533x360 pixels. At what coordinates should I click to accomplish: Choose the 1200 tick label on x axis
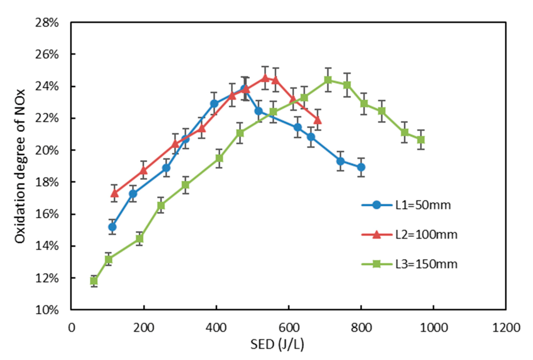[x=506, y=328]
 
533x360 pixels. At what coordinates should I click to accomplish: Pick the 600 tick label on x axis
[x=289, y=328]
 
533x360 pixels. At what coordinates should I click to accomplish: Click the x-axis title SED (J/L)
[x=277, y=345]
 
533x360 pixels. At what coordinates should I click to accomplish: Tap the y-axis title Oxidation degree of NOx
[x=20, y=166]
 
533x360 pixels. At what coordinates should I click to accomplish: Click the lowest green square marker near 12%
[x=94, y=281]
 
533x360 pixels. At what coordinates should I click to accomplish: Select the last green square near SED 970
[x=421, y=140]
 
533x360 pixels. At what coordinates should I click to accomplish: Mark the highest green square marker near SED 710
[x=328, y=80]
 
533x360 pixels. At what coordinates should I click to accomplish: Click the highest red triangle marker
[x=265, y=78]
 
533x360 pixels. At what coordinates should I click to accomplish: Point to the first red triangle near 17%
[x=114, y=193]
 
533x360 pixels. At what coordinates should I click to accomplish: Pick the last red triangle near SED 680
[x=317, y=120]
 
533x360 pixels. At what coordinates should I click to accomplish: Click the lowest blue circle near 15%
[x=112, y=227]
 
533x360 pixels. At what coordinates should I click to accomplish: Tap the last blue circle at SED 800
[x=361, y=167]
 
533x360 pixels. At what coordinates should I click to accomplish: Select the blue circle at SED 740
[x=341, y=161]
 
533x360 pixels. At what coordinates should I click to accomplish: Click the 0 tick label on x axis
[x=72, y=328]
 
